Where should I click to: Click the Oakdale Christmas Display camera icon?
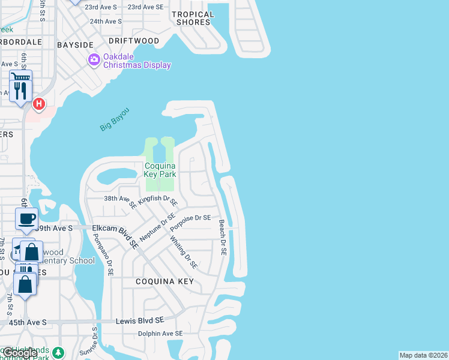(94, 59)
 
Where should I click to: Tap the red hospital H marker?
(39, 104)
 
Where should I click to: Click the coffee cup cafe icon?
(26, 219)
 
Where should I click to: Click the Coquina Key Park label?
(160, 170)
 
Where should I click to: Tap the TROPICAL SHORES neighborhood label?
(193, 18)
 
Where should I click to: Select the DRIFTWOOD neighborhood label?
(134, 41)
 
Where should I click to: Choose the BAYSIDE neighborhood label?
(76, 45)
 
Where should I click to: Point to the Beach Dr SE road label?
(222, 238)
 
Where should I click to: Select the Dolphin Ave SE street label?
(160, 334)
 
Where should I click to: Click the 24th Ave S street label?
(106, 21)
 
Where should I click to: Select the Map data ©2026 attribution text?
(424, 355)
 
